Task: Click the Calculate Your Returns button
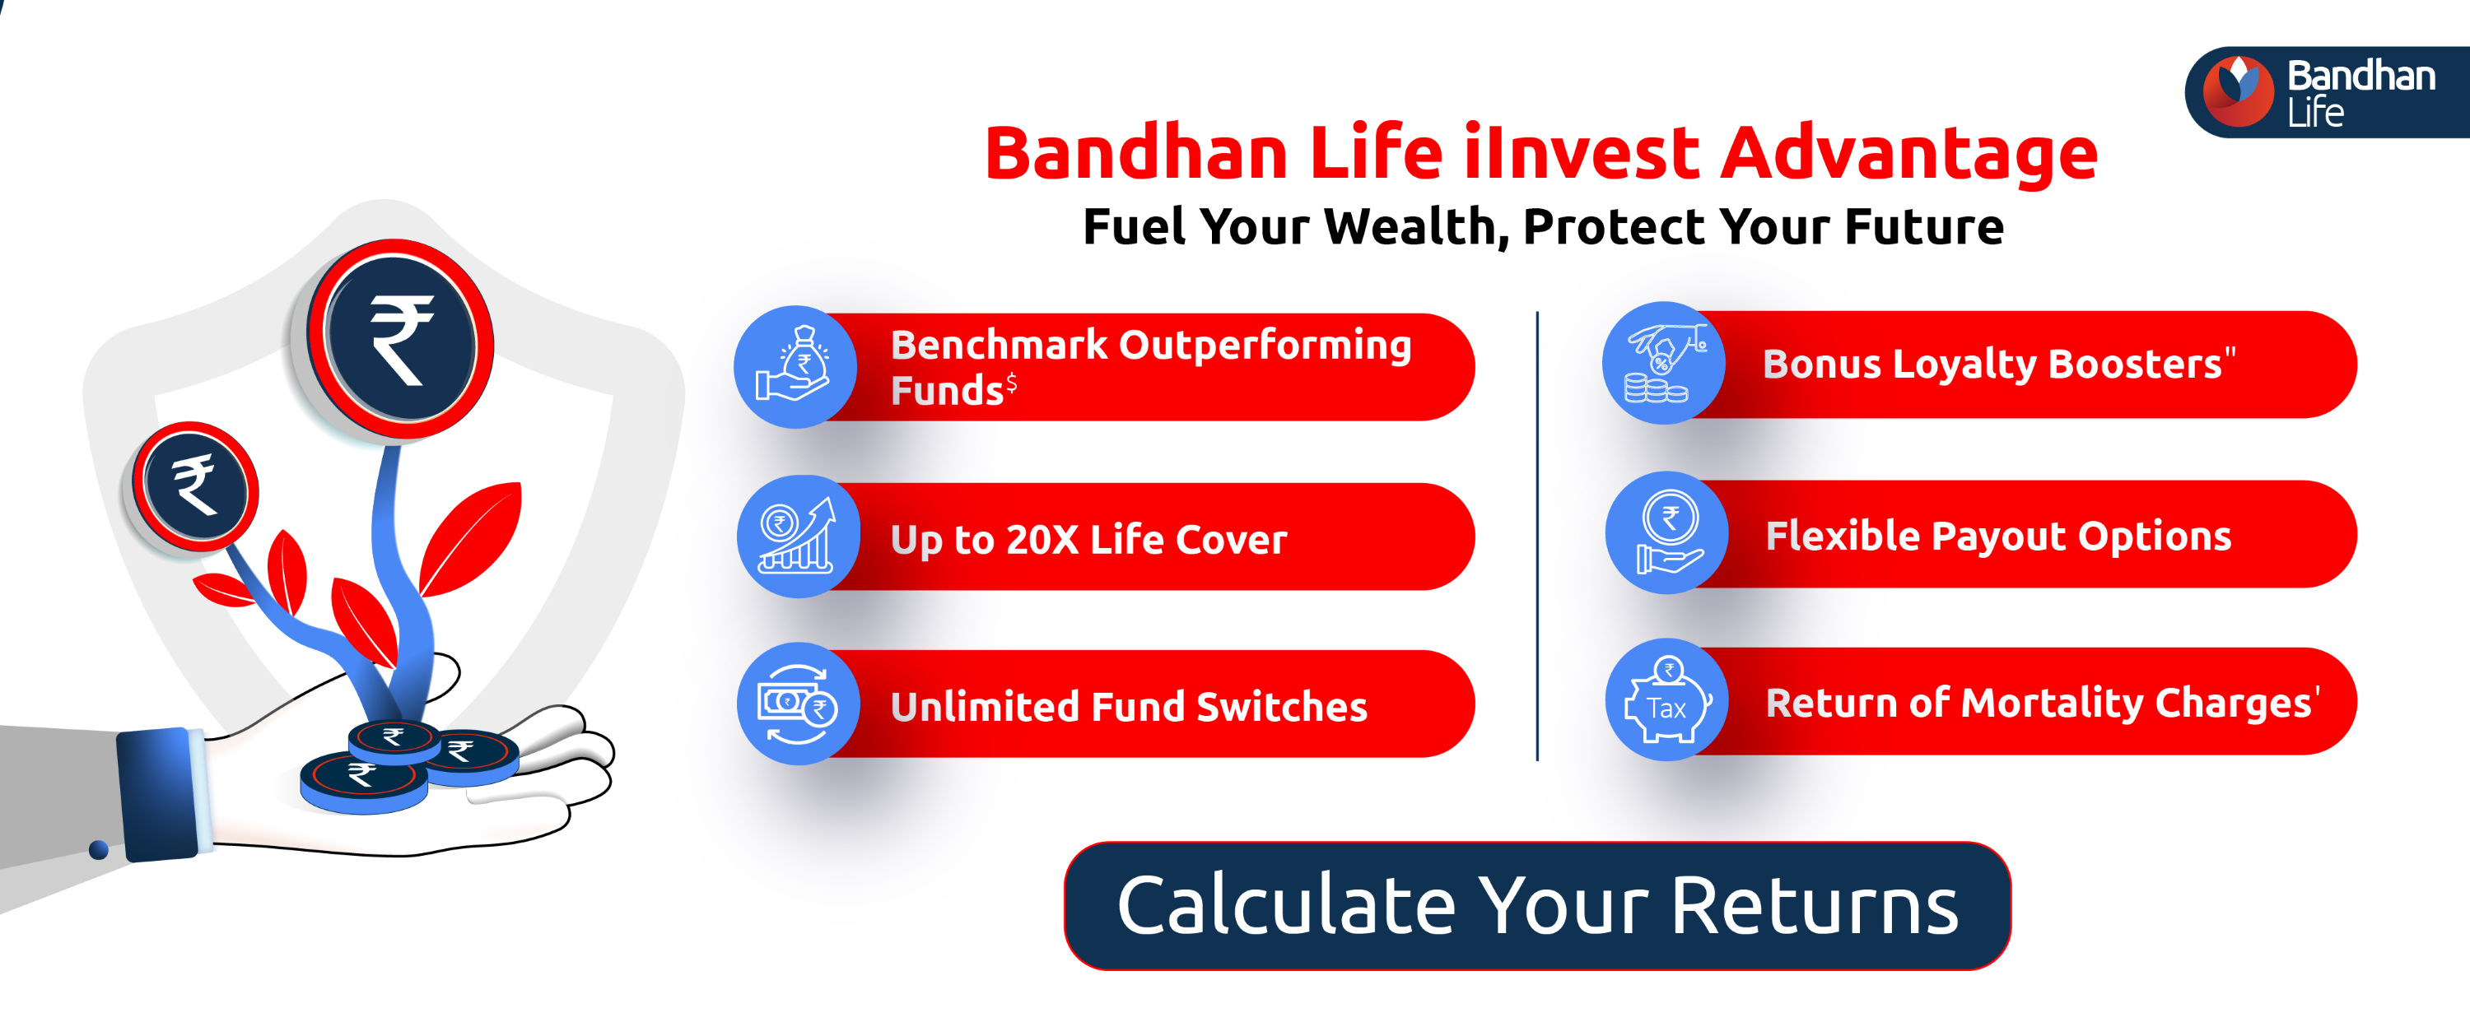click(1536, 906)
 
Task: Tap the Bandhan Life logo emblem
click(2237, 91)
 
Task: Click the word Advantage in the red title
click(1908, 153)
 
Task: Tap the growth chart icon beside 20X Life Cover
click(798, 537)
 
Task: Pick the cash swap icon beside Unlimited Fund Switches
click(798, 704)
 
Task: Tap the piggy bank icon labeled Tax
click(1667, 702)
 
